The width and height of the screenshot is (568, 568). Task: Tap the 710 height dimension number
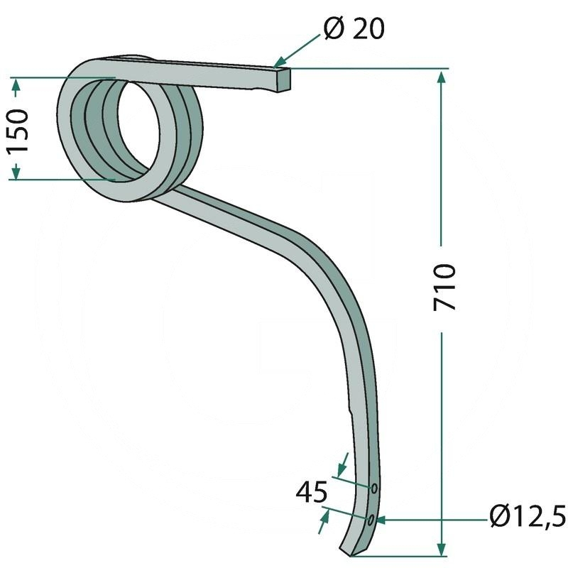pos(444,287)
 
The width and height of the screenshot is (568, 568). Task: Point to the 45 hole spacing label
pos(312,491)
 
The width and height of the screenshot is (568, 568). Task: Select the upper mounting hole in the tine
pos(373,488)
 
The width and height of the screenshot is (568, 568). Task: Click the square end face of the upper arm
pos(282,80)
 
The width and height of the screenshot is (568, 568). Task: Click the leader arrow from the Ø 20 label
pos(278,65)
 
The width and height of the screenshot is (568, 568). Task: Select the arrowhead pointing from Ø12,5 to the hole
pos(381,520)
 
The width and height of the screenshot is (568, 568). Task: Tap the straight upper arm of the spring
pos(213,74)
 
